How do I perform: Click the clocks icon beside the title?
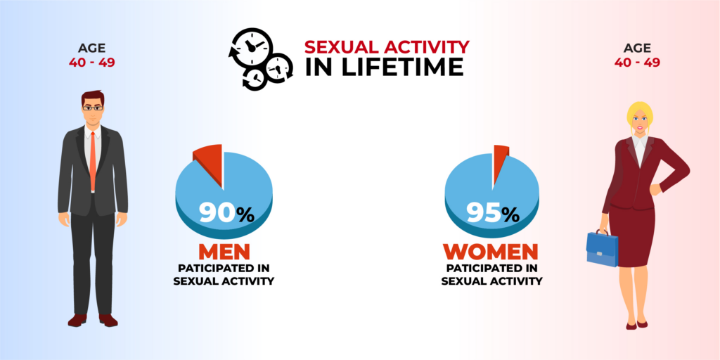coord(260,59)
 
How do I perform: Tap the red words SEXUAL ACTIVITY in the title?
coord(387,46)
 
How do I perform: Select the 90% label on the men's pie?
coord(226,213)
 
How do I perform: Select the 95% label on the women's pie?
coord(493,213)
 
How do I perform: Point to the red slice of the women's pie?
coord(500,158)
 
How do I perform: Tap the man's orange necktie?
coord(93,161)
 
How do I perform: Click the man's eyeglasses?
coord(93,108)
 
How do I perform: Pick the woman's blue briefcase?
coord(602,248)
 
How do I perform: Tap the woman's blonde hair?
coord(640,113)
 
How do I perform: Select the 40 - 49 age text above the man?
coord(92,62)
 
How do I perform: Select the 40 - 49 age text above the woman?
coord(637,62)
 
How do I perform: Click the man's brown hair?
coord(94,97)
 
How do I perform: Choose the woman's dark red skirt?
coord(633,235)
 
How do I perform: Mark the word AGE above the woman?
coord(637,48)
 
